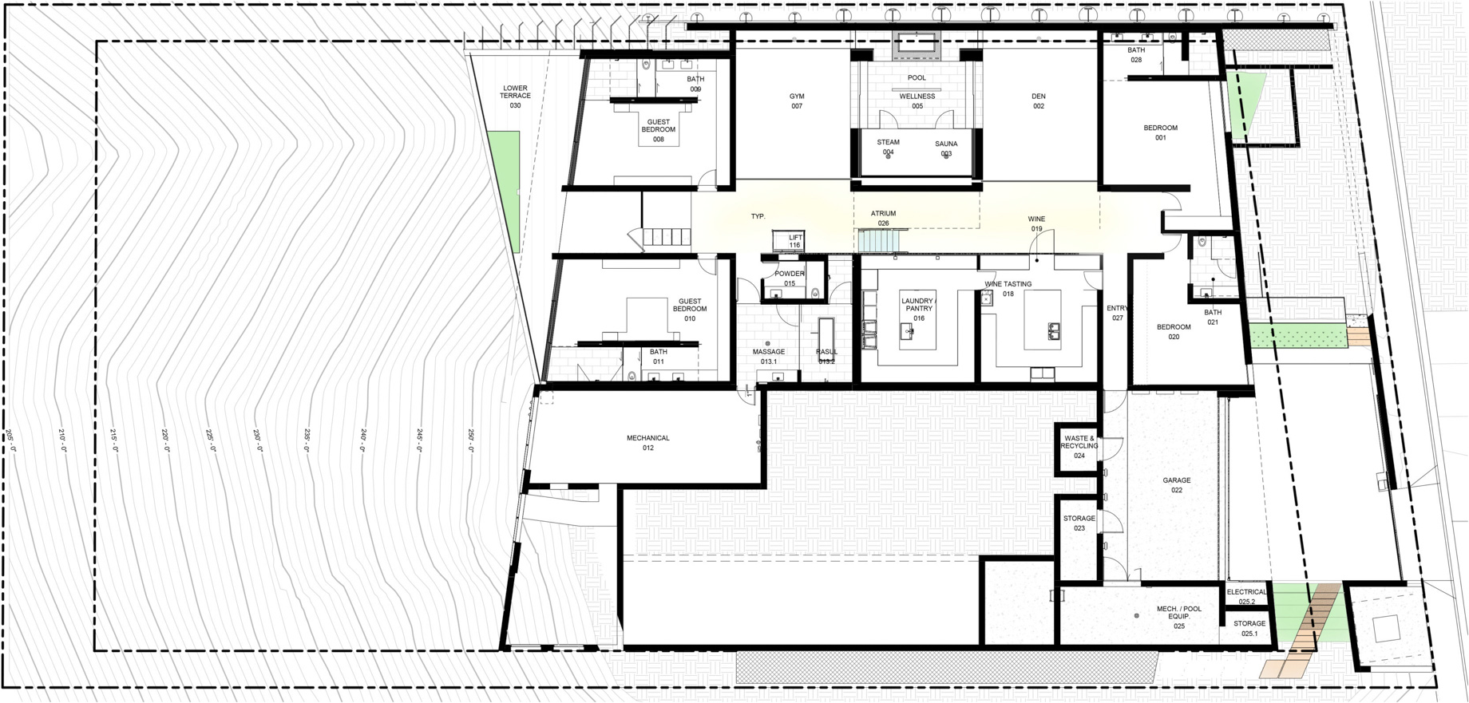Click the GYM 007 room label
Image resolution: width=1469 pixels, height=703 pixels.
[797, 101]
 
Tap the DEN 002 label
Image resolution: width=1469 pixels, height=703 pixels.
[1039, 101]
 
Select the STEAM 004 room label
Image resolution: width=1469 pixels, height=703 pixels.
[888, 148]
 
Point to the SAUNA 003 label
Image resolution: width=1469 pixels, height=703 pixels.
[946, 149]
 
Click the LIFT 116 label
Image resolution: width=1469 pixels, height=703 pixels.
[795, 241]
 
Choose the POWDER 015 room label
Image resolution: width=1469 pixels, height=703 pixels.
[790, 278]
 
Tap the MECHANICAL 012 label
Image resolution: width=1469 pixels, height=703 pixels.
[648, 443]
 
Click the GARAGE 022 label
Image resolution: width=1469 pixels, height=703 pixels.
[1177, 485]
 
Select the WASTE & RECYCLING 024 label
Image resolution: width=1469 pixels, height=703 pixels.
[1079, 447]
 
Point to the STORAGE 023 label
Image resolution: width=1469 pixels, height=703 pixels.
[1079, 523]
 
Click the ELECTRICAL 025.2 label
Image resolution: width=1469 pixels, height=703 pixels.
[1247, 597]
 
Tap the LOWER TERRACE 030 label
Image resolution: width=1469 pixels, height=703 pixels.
[515, 96]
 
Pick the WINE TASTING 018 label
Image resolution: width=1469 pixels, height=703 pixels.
[1008, 289]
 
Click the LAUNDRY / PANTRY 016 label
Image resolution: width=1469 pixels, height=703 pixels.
[917, 310]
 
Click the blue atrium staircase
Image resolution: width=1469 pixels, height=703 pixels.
[883, 241]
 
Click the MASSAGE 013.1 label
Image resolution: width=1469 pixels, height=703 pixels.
[769, 357]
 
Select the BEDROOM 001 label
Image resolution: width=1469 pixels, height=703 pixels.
[1160, 132]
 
